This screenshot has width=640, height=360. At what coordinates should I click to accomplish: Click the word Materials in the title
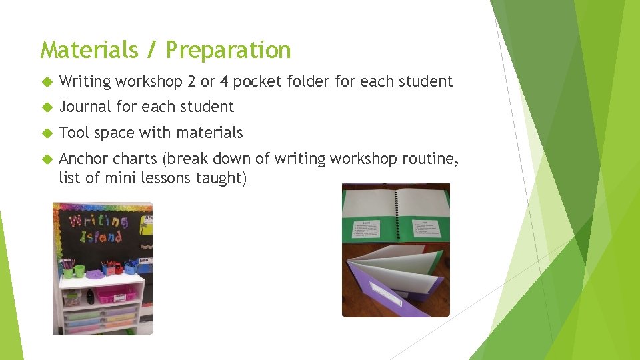pos(90,50)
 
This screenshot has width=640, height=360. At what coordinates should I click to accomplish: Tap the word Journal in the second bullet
pos(85,107)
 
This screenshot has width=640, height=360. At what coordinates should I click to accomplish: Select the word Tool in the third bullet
pos(74,133)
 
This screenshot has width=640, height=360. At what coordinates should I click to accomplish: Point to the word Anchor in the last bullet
pos(83,159)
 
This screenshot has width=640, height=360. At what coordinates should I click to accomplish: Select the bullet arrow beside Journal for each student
pos(47,107)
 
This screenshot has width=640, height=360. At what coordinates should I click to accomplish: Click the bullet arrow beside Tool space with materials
pos(47,133)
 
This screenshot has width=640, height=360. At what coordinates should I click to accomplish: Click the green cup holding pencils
pos(79,271)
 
